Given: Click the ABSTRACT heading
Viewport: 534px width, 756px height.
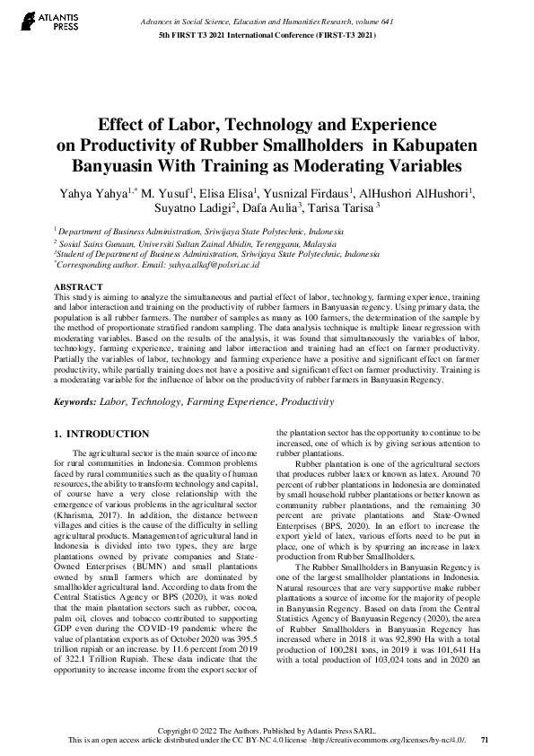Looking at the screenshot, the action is [77, 287].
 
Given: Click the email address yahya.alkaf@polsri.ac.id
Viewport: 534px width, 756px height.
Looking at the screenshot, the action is [211, 266].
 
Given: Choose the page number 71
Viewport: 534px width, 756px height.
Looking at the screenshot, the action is [485, 740].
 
